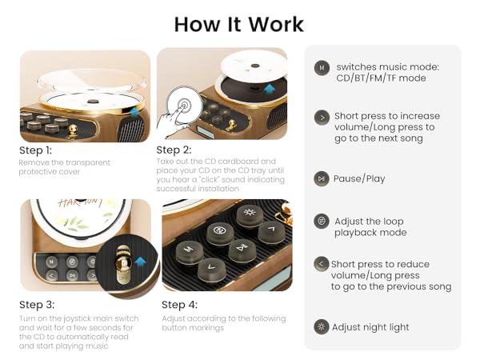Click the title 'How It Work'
(239, 23)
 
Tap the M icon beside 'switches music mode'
(322, 68)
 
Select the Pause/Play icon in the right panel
(322, 178)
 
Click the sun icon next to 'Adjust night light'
(322, 326)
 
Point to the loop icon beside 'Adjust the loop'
(322, 221)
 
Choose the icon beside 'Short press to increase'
(322, 116)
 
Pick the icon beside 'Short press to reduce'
(322, 264)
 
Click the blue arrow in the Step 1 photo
(134, 114)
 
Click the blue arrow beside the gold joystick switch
(141, 261)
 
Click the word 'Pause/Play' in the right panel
(360, 178)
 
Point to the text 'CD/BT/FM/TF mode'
(382, 78)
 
